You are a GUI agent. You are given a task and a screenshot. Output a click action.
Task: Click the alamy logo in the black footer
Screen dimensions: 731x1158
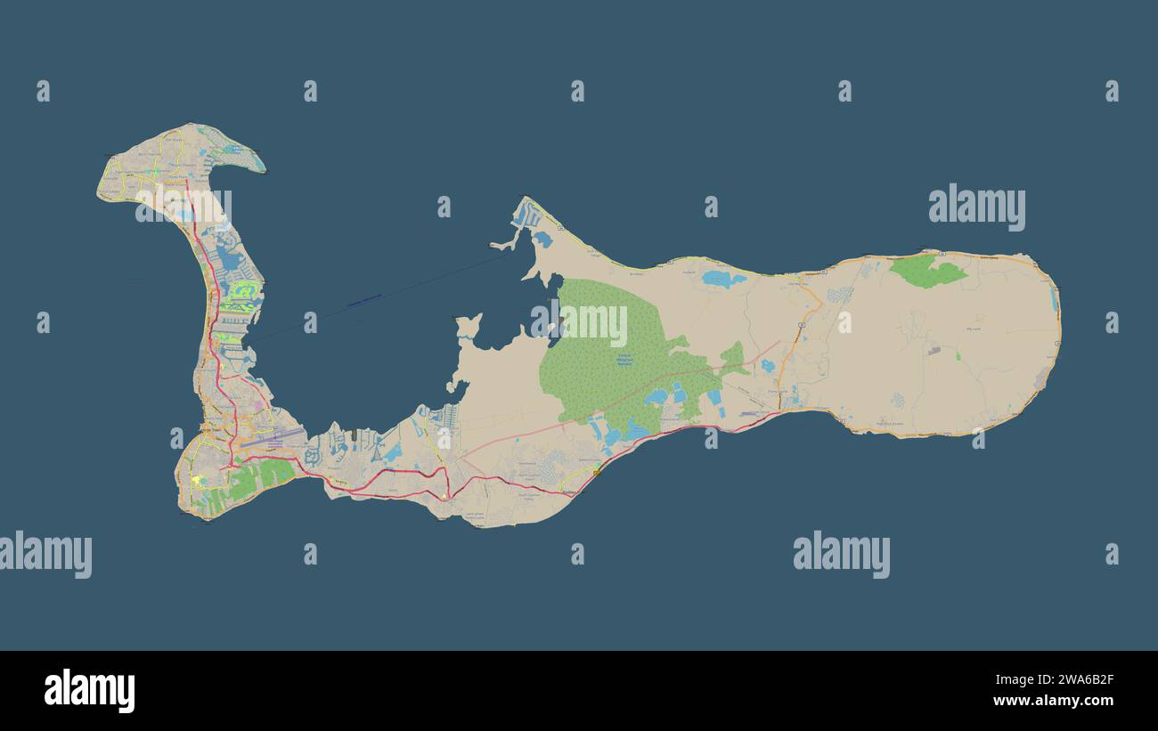(89, 691)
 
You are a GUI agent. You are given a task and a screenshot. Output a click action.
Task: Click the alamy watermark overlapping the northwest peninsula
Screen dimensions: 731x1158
(183, 206)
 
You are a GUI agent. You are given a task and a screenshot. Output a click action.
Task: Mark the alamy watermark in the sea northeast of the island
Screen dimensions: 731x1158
(976, 207)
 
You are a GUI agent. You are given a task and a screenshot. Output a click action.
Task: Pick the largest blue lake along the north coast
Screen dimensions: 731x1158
(722, 279)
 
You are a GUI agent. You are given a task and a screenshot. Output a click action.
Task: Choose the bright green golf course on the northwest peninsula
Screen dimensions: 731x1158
(243, 290)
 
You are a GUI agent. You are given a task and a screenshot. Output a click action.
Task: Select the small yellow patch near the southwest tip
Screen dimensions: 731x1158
(195, 480)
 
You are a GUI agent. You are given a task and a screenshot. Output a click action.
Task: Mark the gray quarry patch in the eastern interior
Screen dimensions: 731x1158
(933, 351)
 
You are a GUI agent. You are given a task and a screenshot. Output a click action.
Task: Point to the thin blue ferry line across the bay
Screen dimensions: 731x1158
(365, 302)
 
